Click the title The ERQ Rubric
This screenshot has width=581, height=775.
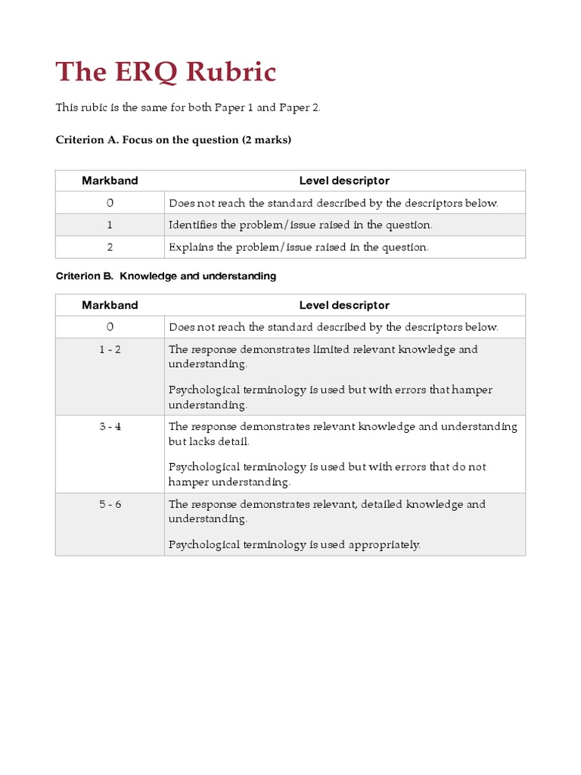166,73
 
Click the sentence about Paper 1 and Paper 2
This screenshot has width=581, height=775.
188,107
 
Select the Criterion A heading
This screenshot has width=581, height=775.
173,140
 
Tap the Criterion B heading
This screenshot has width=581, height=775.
166,276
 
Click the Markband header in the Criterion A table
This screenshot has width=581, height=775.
110,181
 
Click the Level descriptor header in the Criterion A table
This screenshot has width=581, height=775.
344,181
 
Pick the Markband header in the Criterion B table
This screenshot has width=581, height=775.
110,305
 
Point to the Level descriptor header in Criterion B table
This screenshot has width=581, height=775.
344,305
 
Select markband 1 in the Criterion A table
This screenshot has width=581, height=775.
110,225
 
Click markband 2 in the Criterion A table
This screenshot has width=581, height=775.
110,247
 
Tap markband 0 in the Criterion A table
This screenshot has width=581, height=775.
110,203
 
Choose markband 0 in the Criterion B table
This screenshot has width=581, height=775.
110,327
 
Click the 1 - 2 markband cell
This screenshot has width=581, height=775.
110,350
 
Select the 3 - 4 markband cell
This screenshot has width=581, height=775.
110,427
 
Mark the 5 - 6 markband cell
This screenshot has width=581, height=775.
110,504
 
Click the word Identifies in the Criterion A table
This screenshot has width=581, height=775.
193,225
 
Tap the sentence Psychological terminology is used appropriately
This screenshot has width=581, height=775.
294,544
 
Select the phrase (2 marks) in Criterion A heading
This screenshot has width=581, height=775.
266,140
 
